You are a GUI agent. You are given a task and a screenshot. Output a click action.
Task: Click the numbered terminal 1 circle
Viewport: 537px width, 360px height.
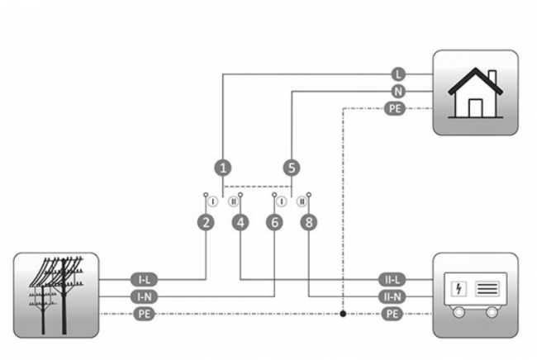(223, 168)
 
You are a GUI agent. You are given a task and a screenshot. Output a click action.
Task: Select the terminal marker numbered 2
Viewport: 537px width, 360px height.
(206, 223)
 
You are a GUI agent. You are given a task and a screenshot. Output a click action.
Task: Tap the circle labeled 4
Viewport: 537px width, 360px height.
(240, 223)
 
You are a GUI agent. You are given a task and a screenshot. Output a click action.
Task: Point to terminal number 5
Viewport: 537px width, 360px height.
(292, 168)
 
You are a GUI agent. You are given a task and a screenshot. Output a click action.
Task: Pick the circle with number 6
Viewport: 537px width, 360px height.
(274, 223)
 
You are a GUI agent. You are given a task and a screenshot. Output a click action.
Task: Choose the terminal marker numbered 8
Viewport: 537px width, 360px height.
(309, 223)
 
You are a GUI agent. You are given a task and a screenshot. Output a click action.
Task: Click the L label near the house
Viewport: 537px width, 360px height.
(398, 74)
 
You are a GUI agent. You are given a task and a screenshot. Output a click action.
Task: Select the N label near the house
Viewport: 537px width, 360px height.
(398, 92)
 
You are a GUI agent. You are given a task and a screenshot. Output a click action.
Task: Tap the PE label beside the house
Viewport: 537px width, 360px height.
(395, 108)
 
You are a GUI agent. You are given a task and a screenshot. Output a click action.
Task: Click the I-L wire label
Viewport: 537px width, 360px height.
(145, 280)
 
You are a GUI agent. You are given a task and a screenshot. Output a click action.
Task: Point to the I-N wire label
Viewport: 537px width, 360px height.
(145, 296)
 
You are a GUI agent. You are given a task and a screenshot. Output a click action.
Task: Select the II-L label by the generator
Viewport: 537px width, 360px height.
(392, 280)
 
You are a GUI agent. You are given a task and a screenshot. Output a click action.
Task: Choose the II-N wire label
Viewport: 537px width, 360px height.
(392, 296)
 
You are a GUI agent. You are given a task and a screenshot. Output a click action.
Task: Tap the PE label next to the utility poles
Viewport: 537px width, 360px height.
(145, 314)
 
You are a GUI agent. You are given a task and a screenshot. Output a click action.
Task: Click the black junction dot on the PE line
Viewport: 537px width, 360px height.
(343, 314)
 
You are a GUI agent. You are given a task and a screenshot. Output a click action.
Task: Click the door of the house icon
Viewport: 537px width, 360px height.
(476, 108)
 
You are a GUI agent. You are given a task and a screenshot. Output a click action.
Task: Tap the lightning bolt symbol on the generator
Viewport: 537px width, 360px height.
(459, 288)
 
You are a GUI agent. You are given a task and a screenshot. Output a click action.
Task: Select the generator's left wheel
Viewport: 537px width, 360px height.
(459, 312)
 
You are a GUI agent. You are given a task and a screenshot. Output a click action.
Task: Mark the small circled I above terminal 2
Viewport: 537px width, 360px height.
(212, 201)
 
